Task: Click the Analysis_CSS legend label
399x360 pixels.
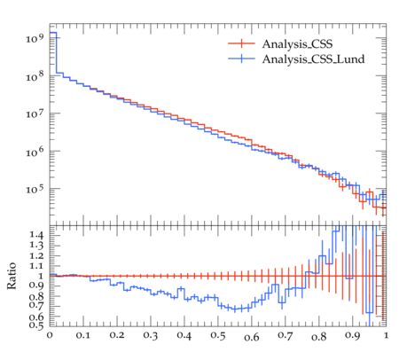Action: tap(297, 44)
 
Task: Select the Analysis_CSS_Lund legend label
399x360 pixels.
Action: tap(313, 59)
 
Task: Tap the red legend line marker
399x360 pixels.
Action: tap(241, 43)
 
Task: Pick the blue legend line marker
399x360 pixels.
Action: tap(241, 59)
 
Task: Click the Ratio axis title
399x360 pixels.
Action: tap(12, 276)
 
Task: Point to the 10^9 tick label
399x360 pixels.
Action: tap(35, 37)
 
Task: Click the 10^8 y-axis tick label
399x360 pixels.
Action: tap(35, 76)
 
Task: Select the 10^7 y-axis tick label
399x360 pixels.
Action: tap(35, 113)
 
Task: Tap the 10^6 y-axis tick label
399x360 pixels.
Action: tap(35, 152)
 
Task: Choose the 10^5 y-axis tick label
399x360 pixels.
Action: tap(35, 189)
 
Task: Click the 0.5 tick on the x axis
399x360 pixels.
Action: tap(218, 335)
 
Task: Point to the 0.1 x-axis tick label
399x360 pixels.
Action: tap(83, 335)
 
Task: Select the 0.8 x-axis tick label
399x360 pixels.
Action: tap(319, 336)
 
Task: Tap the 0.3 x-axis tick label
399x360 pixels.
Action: tap(151, 335)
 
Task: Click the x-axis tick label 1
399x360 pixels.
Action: tap(386, 335)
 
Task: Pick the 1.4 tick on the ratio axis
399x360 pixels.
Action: tap(36, 235)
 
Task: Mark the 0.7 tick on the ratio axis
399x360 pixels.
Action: tap(36, 306)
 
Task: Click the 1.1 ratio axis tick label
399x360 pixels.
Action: tap(36, 266)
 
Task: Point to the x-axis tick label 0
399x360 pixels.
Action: tap(50, 335)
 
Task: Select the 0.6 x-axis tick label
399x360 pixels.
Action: tap(252, 336)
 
